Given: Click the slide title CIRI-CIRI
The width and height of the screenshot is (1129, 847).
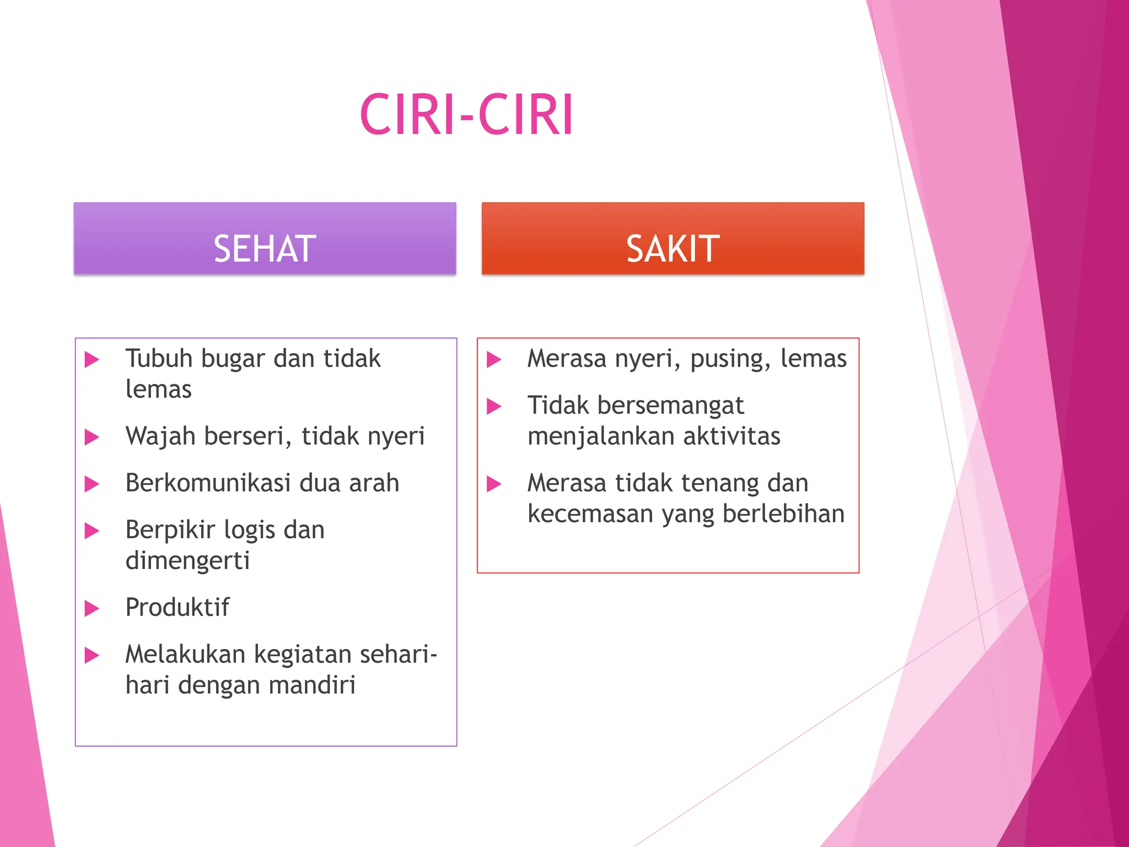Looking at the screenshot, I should pyautogui.click(x=466, y=115).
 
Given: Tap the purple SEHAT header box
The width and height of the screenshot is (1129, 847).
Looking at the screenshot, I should pyautogui.click(x=265, y=238).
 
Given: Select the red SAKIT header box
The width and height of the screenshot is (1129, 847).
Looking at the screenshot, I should pyautogui.click(x=673, y=238).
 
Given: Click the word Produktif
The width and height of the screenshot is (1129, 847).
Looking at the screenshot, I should pyautogui.click(x=178, y=608).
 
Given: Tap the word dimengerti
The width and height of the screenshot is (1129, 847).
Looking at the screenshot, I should pyautogui.click(x=187, y=561).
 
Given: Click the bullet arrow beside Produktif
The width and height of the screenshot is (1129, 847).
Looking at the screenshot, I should pyautogui.click(x=92, y=609).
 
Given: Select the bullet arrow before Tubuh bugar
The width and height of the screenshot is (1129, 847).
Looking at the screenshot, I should pyautogui.click(x=92, y=360).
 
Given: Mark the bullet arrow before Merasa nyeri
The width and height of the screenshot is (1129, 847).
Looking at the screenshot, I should pyautogui.click(x=494, y=360).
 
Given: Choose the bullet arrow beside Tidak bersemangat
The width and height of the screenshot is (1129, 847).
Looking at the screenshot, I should pyautogui.click(x=494, y=406).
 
